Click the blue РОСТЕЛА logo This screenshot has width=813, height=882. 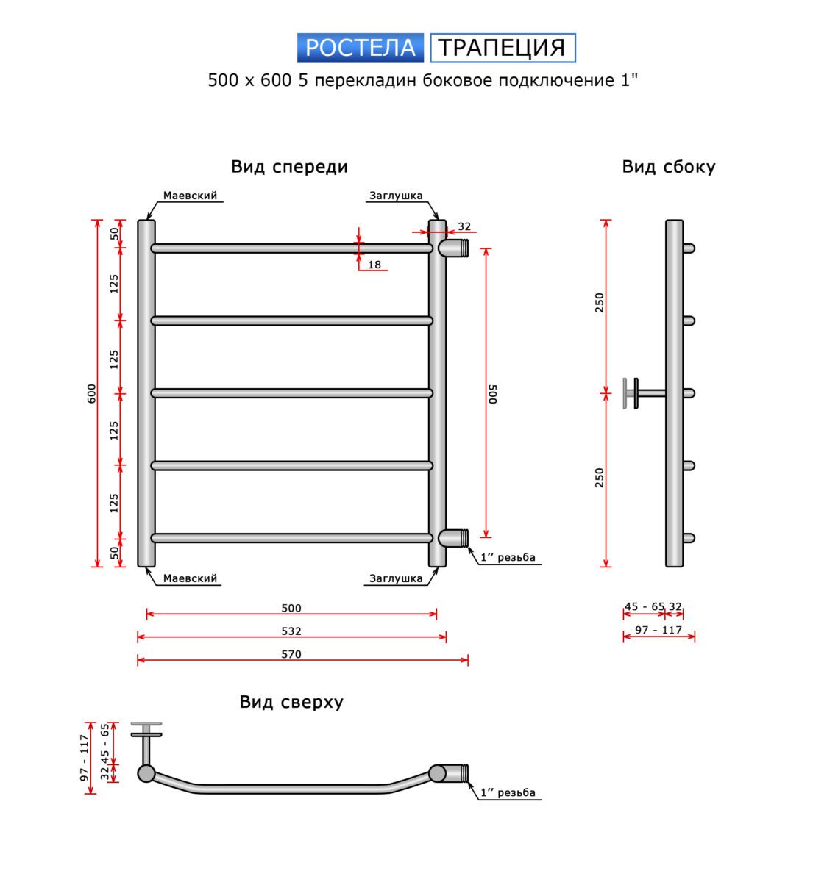tap(360, 48)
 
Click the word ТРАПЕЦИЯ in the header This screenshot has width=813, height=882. tap(503, 48)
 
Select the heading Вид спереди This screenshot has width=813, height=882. tap(289, 167)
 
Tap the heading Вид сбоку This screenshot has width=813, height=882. tap(668, 167)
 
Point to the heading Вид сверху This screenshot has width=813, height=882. tap(291, 702)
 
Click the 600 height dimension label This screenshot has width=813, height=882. tap(91, 393)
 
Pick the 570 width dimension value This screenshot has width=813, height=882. tap(291, 654)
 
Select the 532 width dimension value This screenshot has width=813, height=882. tap(291, 631)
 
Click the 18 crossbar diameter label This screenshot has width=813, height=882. tap(374, 265)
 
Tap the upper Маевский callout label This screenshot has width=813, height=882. tap(190, 196)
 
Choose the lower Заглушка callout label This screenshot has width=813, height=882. tap(396, 578)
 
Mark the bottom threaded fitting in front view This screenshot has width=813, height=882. tap(453, 538)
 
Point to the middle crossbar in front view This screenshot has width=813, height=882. tap(292, 393)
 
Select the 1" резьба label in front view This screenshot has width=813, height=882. tap(508, 557)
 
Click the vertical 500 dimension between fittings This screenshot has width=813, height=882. tap(493, 393)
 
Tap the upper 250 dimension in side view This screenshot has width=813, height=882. tap(600, 303)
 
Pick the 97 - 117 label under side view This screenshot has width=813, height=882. tap(658, 630)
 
